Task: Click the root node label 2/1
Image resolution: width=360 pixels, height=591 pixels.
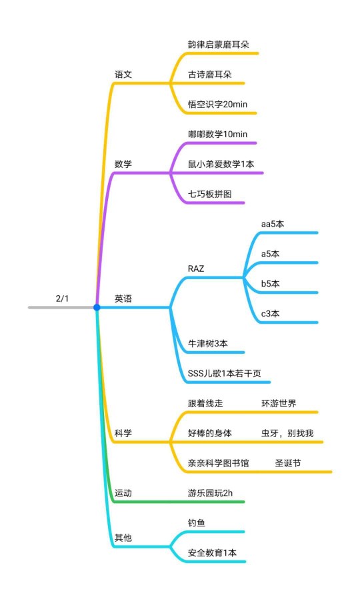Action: pyautogui.click(x=62, y=298)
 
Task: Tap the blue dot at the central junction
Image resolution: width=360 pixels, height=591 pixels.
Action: pyautogui.click(x=97, y=308)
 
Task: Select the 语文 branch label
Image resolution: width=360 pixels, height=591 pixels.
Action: pyautogui.click(x=123, y=74)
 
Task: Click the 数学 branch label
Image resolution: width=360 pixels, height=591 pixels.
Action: pyautogui.click(x=123, y=164)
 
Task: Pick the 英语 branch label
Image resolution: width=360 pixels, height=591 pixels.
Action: pyautogui.click(x=123, y=298)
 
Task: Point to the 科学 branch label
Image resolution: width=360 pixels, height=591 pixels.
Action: pyautogui.click(x=123, y=433)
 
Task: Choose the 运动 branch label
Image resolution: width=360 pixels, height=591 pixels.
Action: pyautogui.click(x=123, y=493)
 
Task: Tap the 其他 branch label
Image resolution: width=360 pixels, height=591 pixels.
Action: pyautogui.click(x=123, y=538)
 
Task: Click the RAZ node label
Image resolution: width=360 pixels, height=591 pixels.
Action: pyautogui.click(x=196, y=269)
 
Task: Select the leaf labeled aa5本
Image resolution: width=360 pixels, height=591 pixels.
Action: pyautogui.click(x=273, y=224)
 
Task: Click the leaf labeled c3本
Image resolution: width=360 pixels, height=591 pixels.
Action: pyautogui.click(x=270, y=314)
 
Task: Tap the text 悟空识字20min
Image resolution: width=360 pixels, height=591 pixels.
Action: pyautogui.click(x=217, y=104)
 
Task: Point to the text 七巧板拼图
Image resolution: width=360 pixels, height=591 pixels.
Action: pyautogui.click(x=209, y=194)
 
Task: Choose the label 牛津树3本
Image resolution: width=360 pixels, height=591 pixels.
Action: pyautogui.click(x=208, y=343)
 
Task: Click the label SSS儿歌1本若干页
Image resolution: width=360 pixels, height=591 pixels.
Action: pyautogui.click(x=224, y=373)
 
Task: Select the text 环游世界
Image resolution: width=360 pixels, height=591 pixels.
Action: pyautogui.click(x=279, y=403)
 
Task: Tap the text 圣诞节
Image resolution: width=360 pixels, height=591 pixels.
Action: pyautogui.click(x=288, y=463)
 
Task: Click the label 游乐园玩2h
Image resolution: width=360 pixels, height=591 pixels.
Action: pyautogui.click(x=211, y=493)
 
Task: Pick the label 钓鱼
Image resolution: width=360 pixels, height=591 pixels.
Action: pyautogui.click(x=197, y=523)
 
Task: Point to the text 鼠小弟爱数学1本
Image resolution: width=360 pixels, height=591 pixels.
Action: pyautogui.click(x=221, y=164)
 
